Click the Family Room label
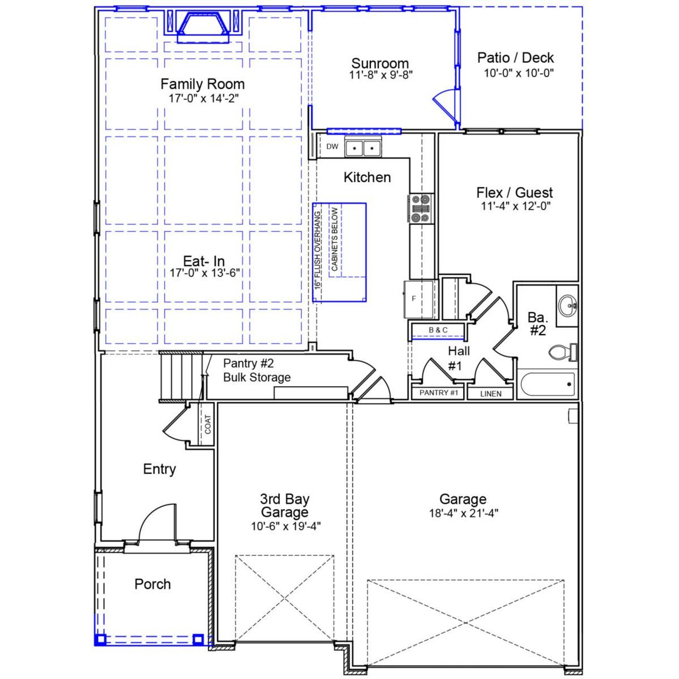coord(203,84)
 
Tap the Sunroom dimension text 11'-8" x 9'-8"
coord(380,75)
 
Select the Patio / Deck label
coord(515,58)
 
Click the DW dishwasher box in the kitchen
coord(332,147)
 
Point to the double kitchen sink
coord(363,147)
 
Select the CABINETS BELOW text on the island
coord(335,239)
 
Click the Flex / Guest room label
coord(514,193)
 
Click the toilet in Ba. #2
coord(562,352)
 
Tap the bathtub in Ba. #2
coord(547,384)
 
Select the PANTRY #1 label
coord(438,393)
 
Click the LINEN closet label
coord(491,394)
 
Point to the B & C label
coord(438,330)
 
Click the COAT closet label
coord(207,424)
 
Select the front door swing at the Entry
coord(158,522)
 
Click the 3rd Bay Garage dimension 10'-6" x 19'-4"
coord(285,526)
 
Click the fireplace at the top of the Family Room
coord(203,26)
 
